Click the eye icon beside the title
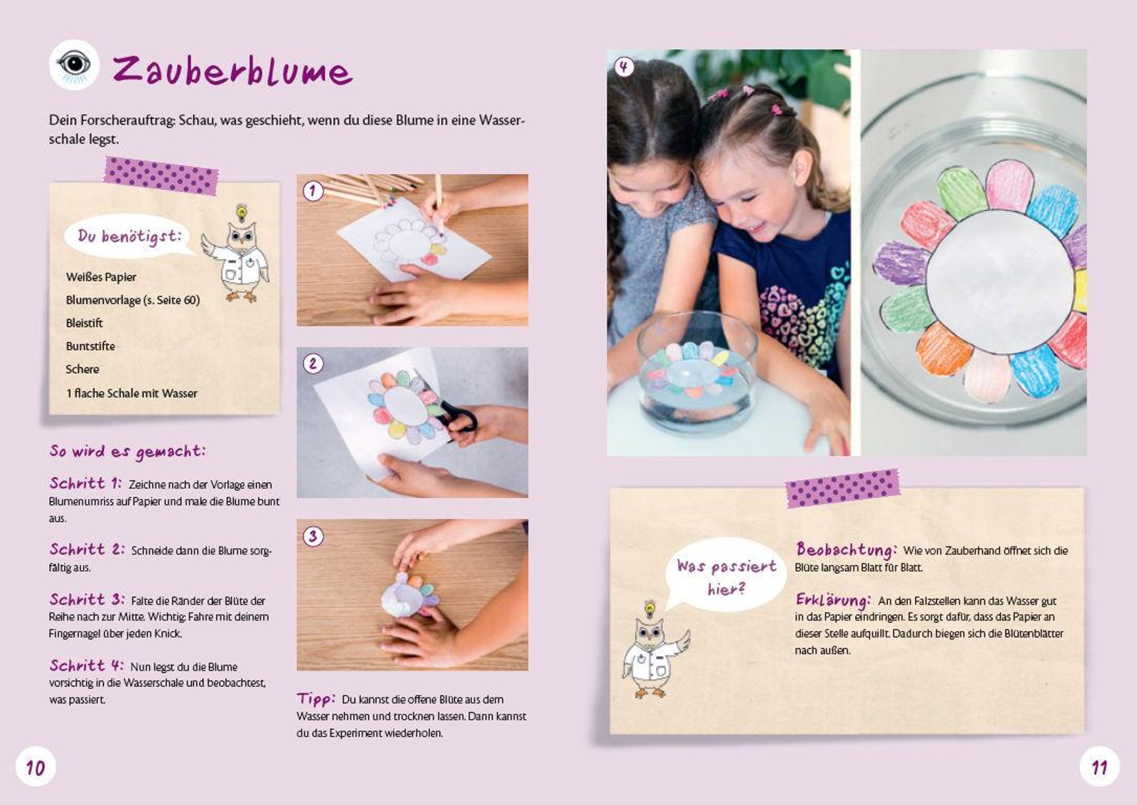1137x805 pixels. [74, 65]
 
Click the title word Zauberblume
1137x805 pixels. [233, 71]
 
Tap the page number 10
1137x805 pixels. [36, 768]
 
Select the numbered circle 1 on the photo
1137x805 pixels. [313, 191]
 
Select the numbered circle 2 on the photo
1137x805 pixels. [313, 364]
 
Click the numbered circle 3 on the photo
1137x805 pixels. [313, 536]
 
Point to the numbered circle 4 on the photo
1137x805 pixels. [623, 67]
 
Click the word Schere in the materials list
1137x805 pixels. [82, 369]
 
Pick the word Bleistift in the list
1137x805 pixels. [84, 323]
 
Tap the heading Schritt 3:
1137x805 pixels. [87, 599]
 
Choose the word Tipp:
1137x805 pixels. [316, 699]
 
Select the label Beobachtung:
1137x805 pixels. [847, 550]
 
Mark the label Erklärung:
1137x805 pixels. [833, 600]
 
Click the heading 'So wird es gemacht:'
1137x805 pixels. [127, 452]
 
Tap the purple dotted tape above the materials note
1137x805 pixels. [161, 175]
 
